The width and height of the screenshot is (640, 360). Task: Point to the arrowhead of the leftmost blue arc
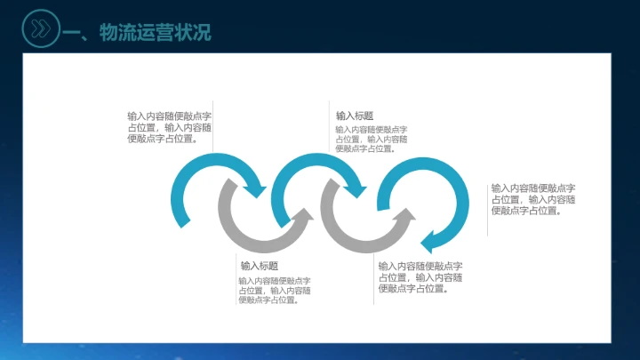[x=258, y=190]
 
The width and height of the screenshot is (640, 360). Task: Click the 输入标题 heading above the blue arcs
[x=355, y=116]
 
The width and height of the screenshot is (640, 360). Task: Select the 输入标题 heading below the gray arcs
[x=259, y=265]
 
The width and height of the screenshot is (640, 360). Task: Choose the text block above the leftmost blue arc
[x=169, y=127]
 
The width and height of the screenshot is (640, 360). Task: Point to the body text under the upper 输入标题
[x=372, y=139]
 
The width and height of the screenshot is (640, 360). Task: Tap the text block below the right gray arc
[x=420, y=277]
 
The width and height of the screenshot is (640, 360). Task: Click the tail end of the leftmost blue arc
[x=183, y=220]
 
